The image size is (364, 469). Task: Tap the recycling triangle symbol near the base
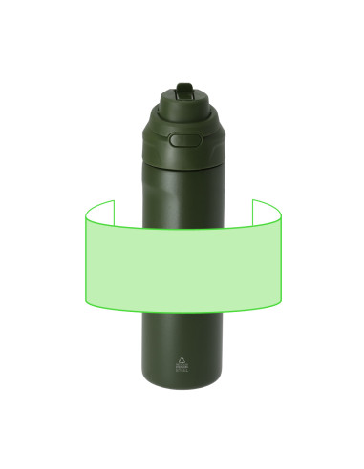pyautogui.click(x=183, y=361)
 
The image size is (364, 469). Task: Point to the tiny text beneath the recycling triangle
pyautogui.click(x=183, y=371)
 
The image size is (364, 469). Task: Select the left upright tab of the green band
pyautogui.click(x=98, y=209)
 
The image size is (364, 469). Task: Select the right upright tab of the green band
pyautogui.click(x=268, y=209)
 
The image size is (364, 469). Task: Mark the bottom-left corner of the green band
pyautogui.click(x=84, y=302)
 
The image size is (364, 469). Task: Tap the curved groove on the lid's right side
pyautogui.click(x=217, y=148)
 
